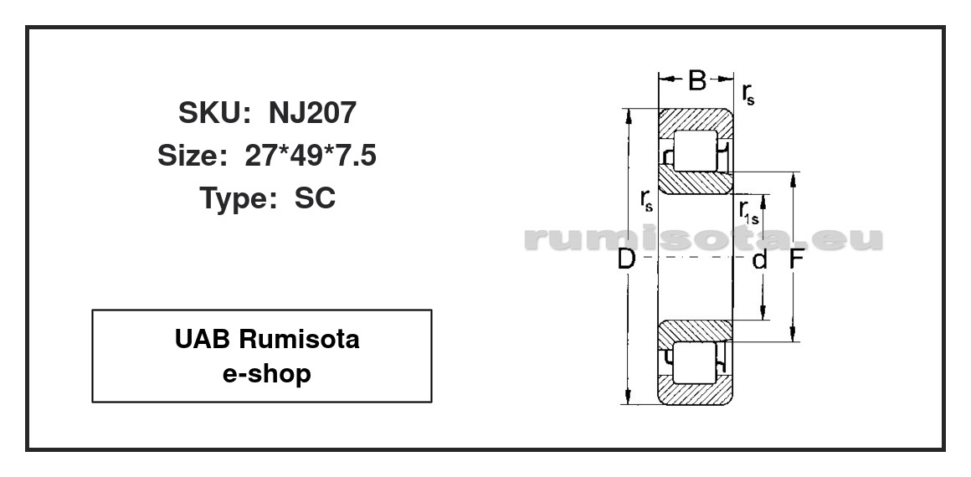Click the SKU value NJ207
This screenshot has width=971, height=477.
[313, 113]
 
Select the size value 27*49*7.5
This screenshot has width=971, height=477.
[311, 156]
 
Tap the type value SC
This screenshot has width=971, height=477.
[315, 198]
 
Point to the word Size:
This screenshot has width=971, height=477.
[192, 156]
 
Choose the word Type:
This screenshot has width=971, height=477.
[238, 199]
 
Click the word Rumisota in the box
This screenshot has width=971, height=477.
[299, 339]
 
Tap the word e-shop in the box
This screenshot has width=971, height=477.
[266, 374]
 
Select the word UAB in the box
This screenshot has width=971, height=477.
[203, 339]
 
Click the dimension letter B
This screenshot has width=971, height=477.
[697, 79]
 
